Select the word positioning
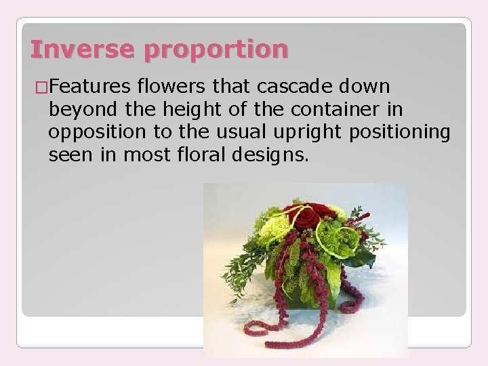(399, 132)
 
